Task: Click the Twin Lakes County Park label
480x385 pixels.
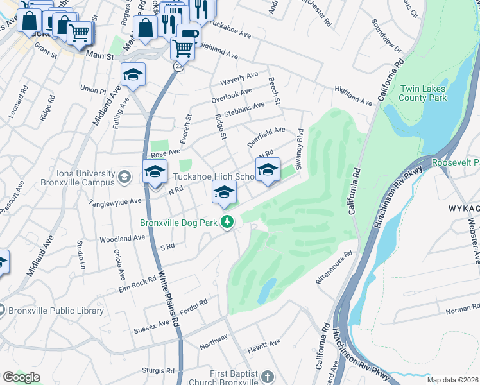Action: (422, 93)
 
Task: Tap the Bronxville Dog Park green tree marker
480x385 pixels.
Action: (226, 222)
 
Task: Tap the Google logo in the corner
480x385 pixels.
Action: (21, 377)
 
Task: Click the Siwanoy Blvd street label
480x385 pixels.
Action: (299, 146)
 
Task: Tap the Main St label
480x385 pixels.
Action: (99, 56)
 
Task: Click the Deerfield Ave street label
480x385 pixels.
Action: (266, 135)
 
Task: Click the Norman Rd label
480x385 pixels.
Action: (458, 311)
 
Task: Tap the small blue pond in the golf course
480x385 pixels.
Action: (267, 291)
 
